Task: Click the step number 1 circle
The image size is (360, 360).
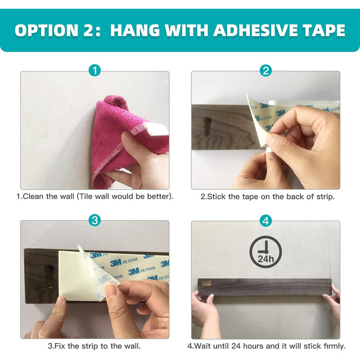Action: [95, 70]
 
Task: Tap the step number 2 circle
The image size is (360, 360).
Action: [266, 70]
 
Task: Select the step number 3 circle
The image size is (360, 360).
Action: [95, 221]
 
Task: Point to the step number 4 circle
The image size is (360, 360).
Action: [266, 221]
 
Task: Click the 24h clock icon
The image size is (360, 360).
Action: [266, 252]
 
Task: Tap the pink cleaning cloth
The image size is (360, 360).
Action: [124, 140]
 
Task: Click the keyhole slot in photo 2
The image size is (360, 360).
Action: [208, 126]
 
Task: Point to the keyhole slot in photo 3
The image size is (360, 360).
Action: [50, 276]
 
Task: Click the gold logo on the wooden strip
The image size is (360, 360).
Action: [206, 284]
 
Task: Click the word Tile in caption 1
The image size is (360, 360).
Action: [85, 196]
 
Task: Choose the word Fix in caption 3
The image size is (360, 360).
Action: [60, 346]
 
